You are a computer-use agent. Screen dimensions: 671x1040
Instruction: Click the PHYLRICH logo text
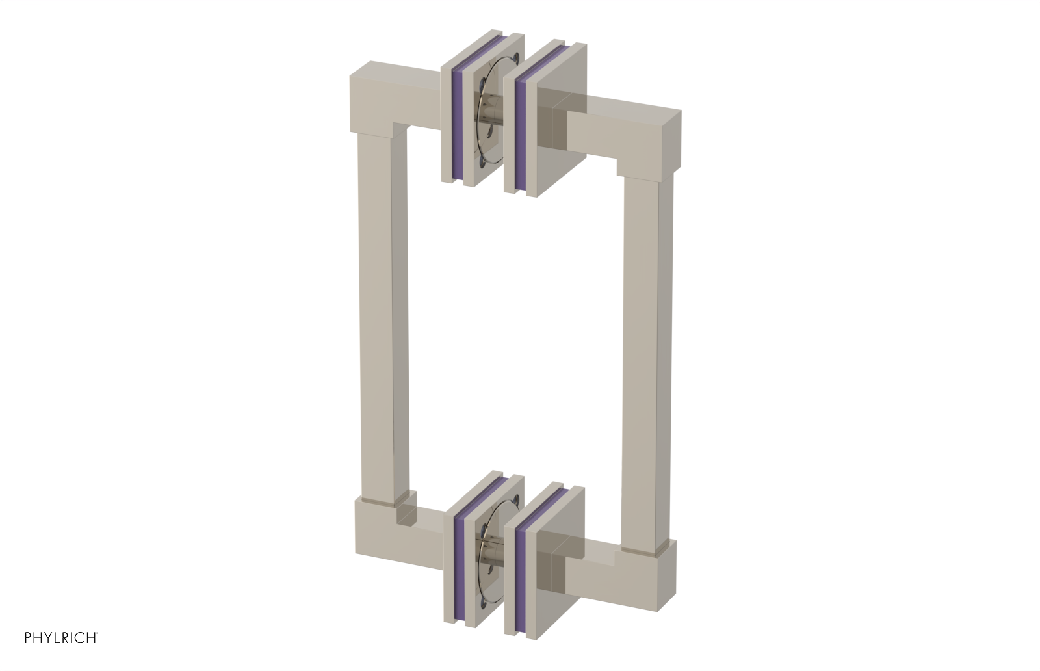pyautogui.click(x=61, y=638)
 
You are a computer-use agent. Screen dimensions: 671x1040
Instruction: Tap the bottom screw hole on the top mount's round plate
pyautogui.click(x=480, y=159)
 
